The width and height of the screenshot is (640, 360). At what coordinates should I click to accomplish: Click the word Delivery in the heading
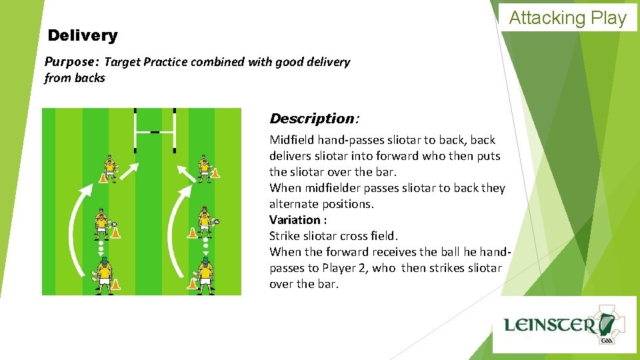(x=83, y=35)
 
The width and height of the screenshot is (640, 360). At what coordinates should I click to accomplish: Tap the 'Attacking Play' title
(x=568, y=18)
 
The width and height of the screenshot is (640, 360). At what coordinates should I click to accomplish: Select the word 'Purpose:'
(x=71, y=62)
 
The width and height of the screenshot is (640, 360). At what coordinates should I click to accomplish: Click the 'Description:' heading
(x=314, y=119)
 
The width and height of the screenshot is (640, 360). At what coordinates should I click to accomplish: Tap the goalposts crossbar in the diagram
(x=155, y=131)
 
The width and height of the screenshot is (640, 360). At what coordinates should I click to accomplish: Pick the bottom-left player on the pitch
(x=104, y=275)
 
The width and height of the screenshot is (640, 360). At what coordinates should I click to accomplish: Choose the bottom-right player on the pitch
(x=206, y=275)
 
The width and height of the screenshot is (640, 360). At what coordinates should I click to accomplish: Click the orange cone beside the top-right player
(x=215, y=173)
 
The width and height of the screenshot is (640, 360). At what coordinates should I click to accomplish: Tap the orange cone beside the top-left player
(x=103, y=177)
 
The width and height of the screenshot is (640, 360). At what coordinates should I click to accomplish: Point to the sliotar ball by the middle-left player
(x=115, y=224)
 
